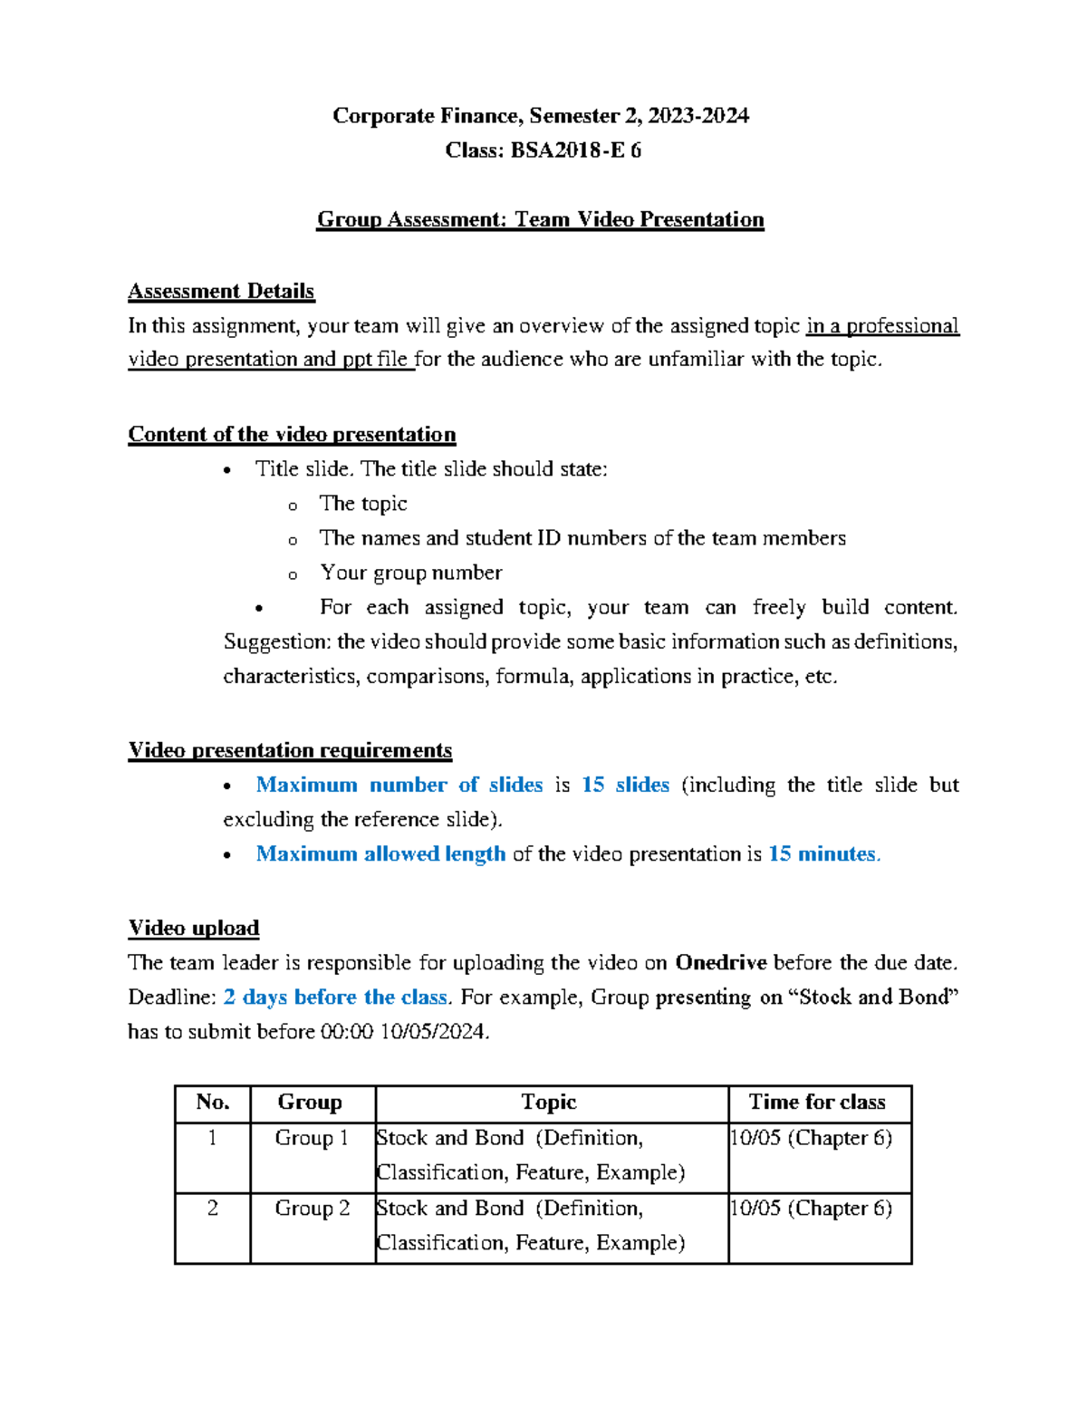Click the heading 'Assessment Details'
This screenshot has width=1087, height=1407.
point(221,291)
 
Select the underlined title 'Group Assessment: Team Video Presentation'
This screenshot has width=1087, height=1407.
point(540,219)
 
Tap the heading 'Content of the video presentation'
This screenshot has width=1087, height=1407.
point(292,434)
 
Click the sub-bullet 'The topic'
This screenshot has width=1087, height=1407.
point(362,504)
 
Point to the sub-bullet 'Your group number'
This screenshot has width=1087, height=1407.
point(410,573)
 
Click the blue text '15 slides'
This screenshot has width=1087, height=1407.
point(625,785)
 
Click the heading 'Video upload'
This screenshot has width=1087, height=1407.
point(194,928)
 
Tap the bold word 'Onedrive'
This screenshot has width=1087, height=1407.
point(721,962)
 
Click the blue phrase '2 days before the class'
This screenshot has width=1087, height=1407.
point(335,997)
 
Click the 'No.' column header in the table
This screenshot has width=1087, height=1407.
point(213,1102)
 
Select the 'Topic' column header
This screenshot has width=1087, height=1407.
point(549,1102)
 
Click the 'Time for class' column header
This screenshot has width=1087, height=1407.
point(817,1102)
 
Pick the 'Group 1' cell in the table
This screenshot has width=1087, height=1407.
point(312,1138)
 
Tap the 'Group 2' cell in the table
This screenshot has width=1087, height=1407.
point(312,1209)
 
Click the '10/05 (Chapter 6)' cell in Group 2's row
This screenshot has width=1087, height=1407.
point(812,1209)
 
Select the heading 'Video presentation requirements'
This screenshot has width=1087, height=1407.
point(290,750)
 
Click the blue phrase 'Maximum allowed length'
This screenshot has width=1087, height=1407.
point(380,853)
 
